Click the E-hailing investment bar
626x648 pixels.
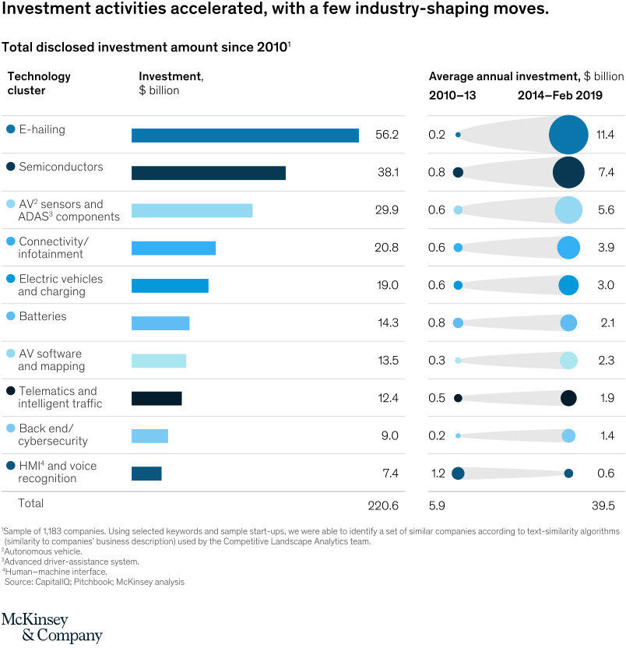click(x=244, y=136)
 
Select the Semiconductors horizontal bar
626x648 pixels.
click(x=208, y=173)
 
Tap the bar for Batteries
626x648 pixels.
click(x=160, y=323)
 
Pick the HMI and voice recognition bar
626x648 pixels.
click(x=146, y=473)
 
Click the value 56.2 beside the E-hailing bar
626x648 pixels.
click(x=386, y=135)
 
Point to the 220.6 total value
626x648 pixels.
click(x=382, y=505)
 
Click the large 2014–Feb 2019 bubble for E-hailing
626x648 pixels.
click(x=568, y=134)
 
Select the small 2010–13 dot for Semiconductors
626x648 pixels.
click(x=458, y=172)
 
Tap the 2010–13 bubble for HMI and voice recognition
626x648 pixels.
click(x=458, y=473)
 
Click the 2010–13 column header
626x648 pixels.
click(x=452, y=96)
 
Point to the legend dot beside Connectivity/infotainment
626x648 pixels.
click(x=11, y=241)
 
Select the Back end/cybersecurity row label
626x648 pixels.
click(x=53, y=435)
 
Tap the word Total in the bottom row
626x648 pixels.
click(x=26, y=503)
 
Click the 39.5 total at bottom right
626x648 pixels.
click(x=603, y=505)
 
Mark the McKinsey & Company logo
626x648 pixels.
click(x=51, y=628)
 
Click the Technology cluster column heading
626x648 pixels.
click(x=39, y=83)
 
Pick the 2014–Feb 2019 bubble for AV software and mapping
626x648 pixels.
click(x=568, y=360)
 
